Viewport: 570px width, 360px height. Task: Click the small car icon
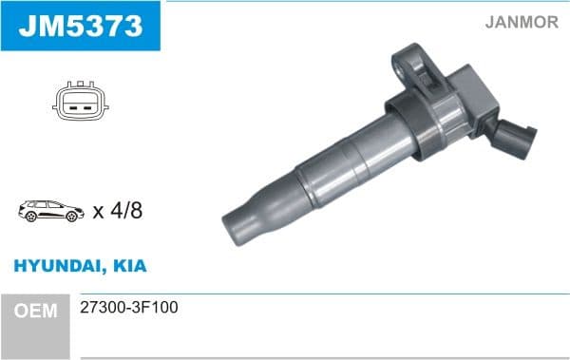point(50,211)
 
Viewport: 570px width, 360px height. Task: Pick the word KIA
point(130,267)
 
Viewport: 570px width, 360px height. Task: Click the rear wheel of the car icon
point(70,218)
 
